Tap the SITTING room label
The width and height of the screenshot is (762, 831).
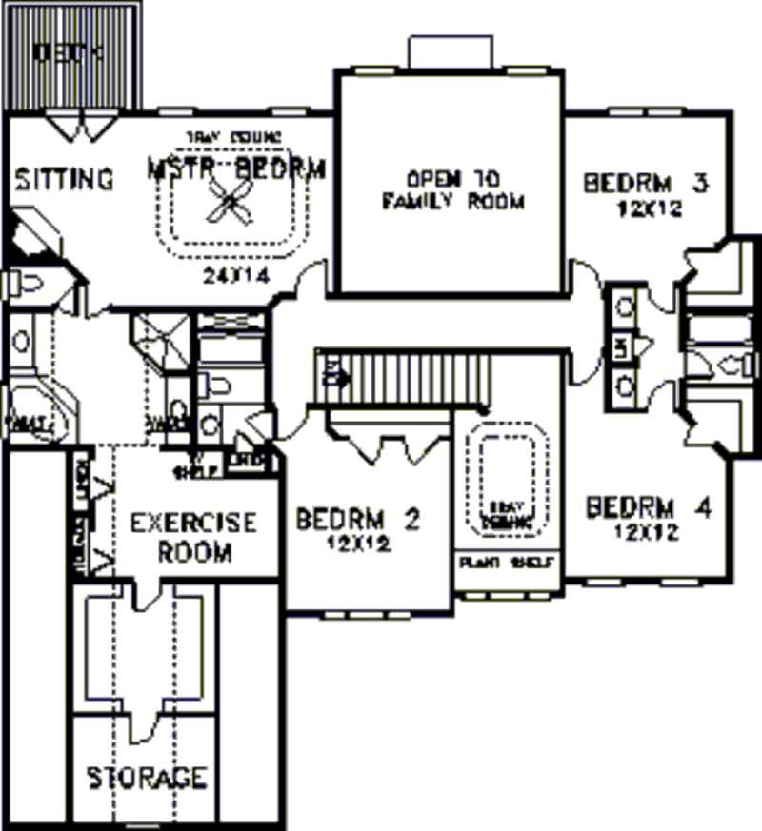65,178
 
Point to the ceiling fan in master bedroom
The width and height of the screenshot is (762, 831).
230,202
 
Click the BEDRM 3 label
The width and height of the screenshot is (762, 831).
647,183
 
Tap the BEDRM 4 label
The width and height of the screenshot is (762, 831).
649,508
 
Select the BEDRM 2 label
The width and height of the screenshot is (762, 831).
357,520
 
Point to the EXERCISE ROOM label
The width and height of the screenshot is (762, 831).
193,537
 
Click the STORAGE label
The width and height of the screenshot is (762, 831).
147,778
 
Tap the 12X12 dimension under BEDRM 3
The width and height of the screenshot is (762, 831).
648,208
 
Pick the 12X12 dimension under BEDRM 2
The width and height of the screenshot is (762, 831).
353,544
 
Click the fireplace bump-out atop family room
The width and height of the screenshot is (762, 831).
450,53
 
